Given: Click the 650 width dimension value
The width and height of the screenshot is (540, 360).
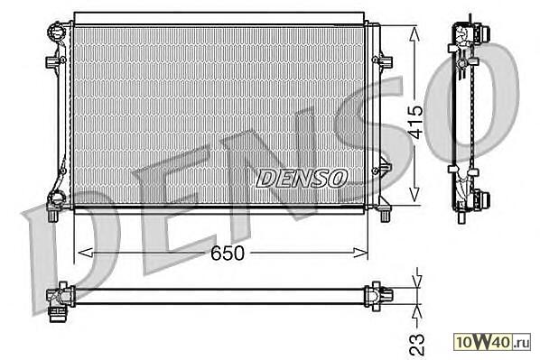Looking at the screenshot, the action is point(228,254).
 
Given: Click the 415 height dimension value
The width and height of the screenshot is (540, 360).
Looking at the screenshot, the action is point(415,122).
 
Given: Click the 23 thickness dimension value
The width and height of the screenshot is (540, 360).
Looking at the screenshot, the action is point(417,344).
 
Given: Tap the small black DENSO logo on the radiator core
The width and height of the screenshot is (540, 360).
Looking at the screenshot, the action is point(302,179).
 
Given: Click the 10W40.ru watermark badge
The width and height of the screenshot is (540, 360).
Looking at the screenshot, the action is point(492,342).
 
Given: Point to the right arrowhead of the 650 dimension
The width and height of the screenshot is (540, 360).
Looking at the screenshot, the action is point(361,253).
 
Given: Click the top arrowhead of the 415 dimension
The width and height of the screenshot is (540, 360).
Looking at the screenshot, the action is point(414,34).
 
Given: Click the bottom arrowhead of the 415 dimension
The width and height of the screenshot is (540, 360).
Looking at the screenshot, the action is point(414,195).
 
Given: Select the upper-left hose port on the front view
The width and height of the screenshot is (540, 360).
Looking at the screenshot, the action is point(56,32).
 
